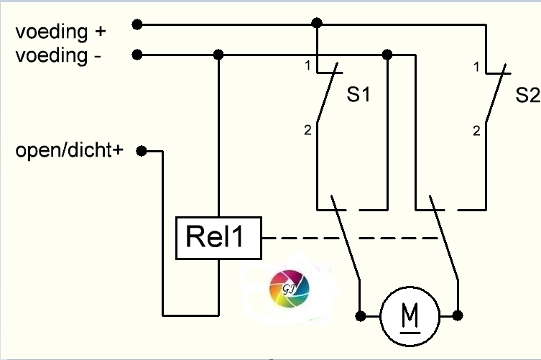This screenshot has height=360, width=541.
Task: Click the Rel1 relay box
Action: point(218,238)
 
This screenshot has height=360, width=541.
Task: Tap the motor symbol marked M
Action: point(410,316)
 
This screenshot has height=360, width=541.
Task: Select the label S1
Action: point(359,94)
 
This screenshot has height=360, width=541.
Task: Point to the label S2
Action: point(527,95)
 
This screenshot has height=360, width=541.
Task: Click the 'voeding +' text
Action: point(61,32)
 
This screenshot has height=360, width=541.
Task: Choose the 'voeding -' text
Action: point(58,55)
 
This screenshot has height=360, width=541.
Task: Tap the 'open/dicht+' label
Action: point(70,150)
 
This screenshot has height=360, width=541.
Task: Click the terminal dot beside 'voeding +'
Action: point(137,24)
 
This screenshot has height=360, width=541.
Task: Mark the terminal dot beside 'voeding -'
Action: point(137,55)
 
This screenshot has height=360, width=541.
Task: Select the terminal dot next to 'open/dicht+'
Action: point(142,151)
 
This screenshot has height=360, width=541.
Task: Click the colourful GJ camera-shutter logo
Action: point(289,288)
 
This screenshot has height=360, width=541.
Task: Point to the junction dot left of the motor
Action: point(360,316)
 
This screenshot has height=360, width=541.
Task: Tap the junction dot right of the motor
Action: point(458,315)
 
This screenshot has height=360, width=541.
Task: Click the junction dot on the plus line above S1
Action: point(317,23)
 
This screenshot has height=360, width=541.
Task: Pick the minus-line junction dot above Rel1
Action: point(218,55)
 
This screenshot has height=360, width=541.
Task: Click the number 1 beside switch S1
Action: point(308,65)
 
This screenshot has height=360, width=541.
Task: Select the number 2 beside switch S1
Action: point(308,130)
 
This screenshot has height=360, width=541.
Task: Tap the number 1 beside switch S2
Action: point(476,67)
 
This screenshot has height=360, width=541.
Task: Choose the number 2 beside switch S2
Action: point(476,131)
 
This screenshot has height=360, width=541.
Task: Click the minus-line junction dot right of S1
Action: point(387,55)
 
